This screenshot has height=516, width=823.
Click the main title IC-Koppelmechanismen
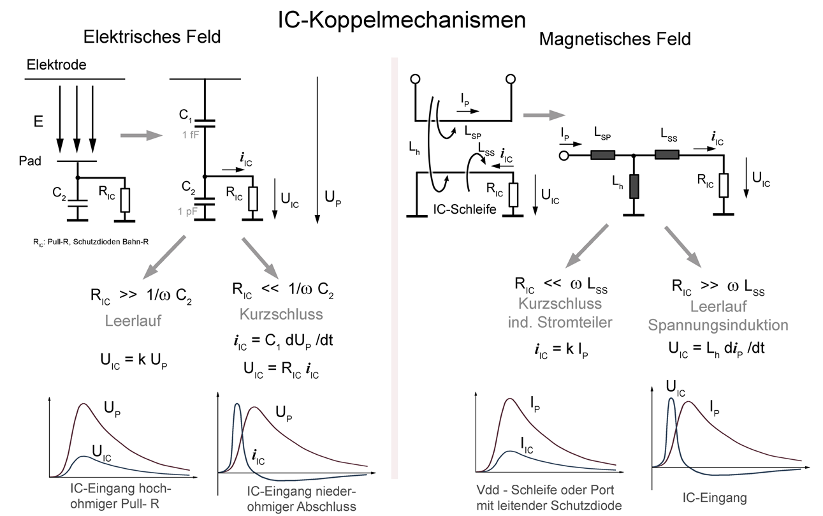(x=402, y=20)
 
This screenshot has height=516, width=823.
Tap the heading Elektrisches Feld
(x=152, y=37)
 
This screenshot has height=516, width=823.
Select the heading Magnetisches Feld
(x=615, y=40)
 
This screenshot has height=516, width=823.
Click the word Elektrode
(x=56, y=64)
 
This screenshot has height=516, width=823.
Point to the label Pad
(x=30, y=161)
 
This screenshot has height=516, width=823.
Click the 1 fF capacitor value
(x=191, y=135)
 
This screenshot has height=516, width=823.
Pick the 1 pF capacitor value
(x=187, y=211)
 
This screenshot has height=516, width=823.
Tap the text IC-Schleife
(x=464, y=209)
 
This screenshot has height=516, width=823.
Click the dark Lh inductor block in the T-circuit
(x=634, y=186)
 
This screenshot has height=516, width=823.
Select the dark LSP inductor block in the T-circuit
(x=602, y=155)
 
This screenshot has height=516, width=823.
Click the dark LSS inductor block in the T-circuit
(x=667, y=155)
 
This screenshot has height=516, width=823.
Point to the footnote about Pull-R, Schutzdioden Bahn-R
(x=91, y=242)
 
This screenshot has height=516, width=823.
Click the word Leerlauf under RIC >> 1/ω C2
(x=133, y=321)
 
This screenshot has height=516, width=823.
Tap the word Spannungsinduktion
(x=718, y=325)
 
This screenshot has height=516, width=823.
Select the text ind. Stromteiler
(x=560, y=322)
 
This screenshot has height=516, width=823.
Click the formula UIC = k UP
(x=134, y=360)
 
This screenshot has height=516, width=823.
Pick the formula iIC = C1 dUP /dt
(x=283, y=341)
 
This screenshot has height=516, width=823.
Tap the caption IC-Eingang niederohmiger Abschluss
(x=302, y=499)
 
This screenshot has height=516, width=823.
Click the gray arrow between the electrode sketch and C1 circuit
(x=142, y=135)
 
